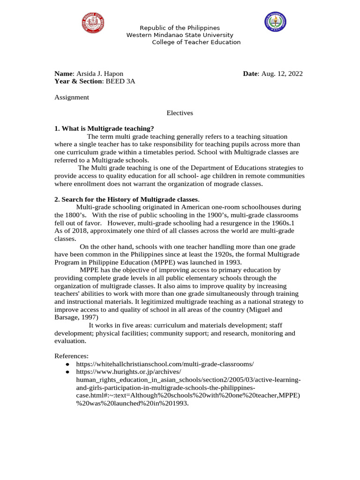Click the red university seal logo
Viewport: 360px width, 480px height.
tap(92, 23)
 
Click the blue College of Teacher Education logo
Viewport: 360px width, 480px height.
tap(274, 22)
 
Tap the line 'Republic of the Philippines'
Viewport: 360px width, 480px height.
tap(180, 28)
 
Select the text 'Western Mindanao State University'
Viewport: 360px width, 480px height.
tap(180, 35)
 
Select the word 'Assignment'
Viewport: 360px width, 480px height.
tap(72, 97)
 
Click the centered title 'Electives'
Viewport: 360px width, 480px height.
tap(180, 113)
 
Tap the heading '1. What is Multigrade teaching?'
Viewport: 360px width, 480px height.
tap(104, 129)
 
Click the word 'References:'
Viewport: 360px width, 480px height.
tap(71, 356)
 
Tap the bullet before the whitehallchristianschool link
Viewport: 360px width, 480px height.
tap(68, 364)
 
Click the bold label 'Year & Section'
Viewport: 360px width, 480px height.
tap(77, 81)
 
